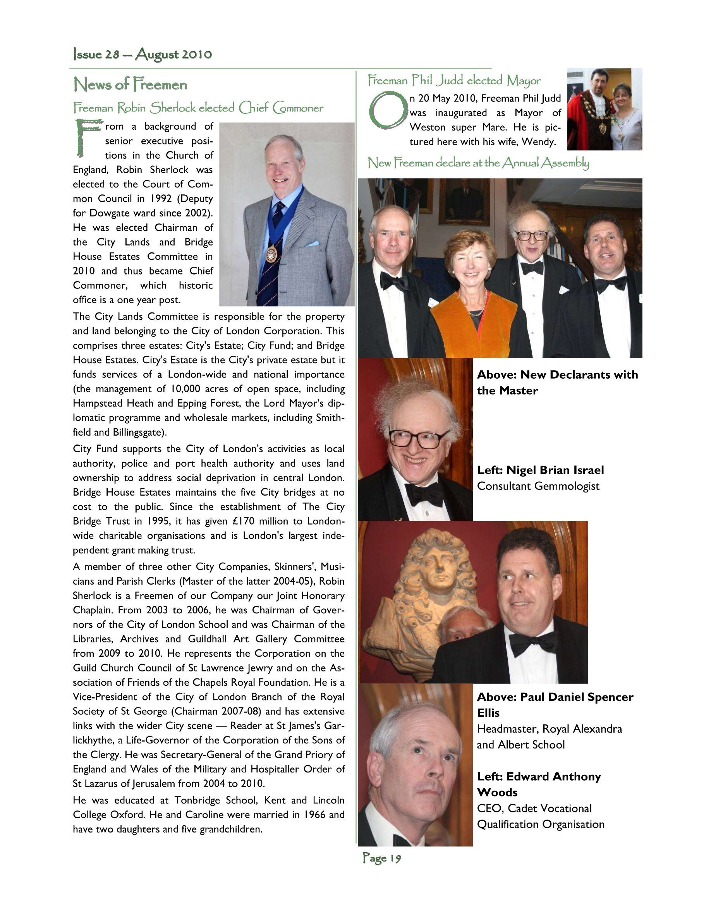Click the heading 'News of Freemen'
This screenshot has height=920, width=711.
[x=130, y=85]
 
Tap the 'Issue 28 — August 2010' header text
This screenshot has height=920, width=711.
[x=143, y=54]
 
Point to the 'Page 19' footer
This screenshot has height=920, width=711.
[x=381, y=858]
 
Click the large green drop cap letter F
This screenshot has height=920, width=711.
[x=88, y=137]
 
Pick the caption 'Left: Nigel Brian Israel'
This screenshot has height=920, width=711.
[x=540, y=470]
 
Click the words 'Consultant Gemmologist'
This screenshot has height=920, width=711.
[x=538, y=486]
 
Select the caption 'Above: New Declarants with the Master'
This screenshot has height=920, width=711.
[x=557, y=383]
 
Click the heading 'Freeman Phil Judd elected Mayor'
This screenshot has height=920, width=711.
[x=454, y=80]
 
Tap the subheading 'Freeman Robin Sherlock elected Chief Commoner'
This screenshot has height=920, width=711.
[x=198, y=108]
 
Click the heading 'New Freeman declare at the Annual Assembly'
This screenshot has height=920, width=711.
[x=478, y=163]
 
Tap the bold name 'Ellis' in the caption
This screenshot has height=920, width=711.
[x=488, y=713]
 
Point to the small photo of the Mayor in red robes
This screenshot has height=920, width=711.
[x=604, y=109]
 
